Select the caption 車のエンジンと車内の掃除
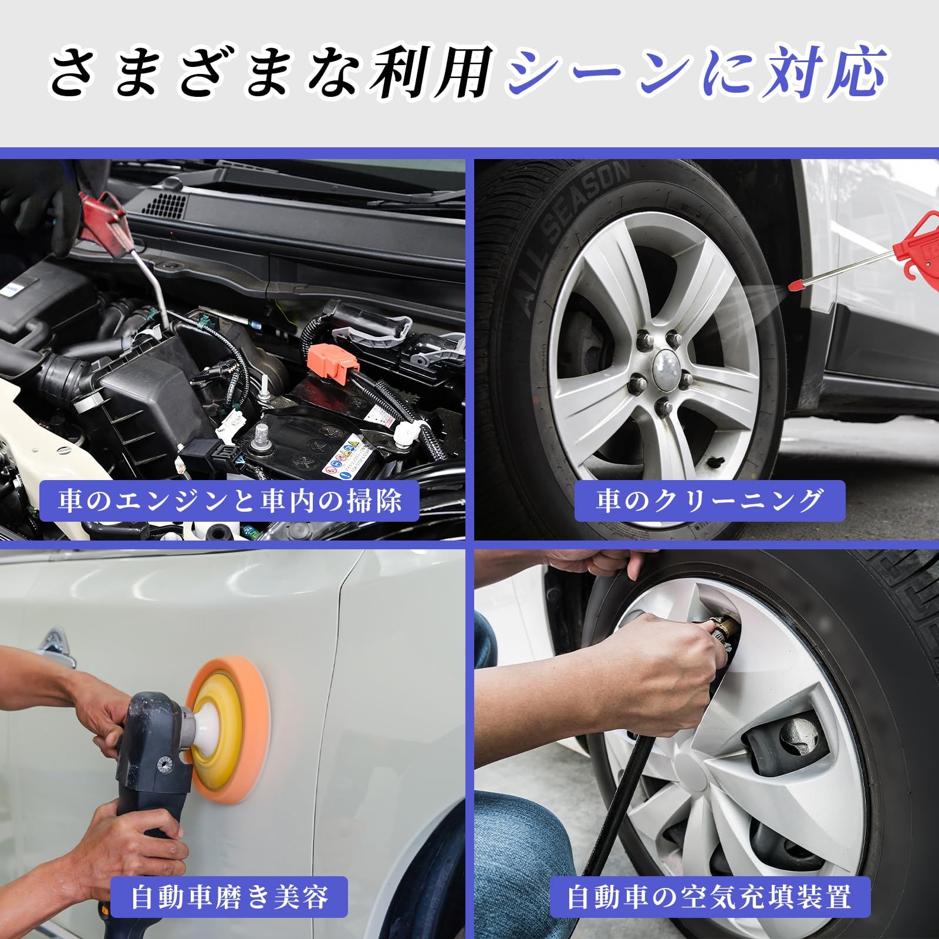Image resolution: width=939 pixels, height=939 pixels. [x=229, y=501]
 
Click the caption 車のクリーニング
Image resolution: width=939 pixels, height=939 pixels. [x=709, y=501]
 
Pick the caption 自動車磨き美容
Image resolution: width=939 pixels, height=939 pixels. [x=229, y=897]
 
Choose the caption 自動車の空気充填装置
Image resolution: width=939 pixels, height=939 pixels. [x=709, y=897]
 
